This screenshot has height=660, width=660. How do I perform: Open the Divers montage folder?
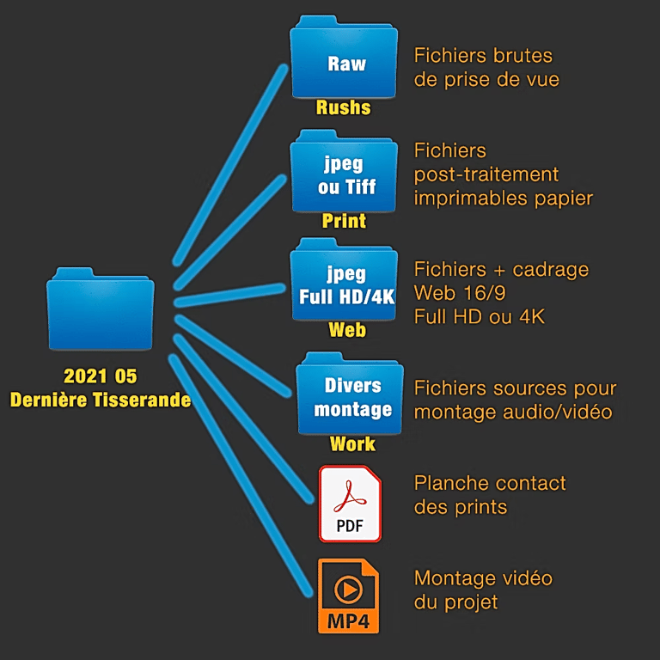(x=351, y=397)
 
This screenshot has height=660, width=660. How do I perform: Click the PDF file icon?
(x=350, y=504)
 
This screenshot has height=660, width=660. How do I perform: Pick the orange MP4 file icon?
(x=349, y=596)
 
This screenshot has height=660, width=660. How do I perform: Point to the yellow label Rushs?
(x=343, y=107)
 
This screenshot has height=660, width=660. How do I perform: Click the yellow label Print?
(x=344, y=221)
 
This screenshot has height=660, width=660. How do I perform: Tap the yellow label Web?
(x=346, y=331)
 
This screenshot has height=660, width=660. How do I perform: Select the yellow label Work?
(x=352, y=443)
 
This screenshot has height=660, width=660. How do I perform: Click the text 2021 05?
(x=100, y=376)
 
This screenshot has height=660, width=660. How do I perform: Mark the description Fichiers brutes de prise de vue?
(x=486, y=68)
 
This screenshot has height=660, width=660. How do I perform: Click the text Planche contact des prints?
(x=490, y=494)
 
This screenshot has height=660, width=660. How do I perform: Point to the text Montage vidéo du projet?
(x=482, y=590)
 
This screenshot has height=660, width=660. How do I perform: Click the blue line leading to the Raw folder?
(x=230, y=163)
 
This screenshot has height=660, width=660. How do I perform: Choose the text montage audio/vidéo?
(x=513, y=412)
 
